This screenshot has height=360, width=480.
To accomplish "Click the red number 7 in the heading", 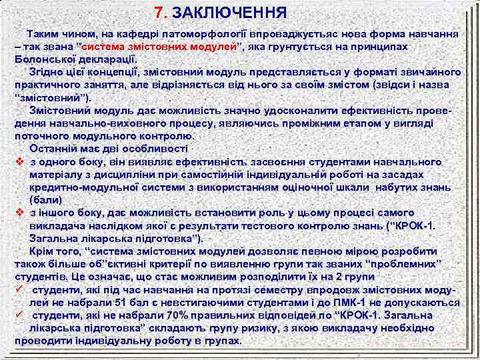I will (158, 13).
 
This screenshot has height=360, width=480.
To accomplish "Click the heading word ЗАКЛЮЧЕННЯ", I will (230, 13).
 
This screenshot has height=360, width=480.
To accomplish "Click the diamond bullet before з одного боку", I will (20, 162).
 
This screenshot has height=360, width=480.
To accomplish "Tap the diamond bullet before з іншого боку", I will (20, 213).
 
